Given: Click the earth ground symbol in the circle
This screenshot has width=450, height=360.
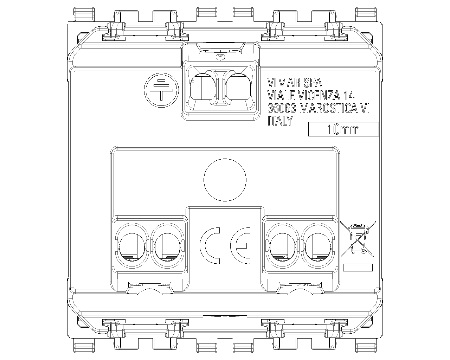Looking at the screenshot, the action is click(x=161, y=90).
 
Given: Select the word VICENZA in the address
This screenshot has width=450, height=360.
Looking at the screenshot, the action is click(x=319, y=95).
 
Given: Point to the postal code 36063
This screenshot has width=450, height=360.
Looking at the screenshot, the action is click(x=282, y=108).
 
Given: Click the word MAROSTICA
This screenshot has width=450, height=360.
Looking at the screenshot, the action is click(x=328, y=108).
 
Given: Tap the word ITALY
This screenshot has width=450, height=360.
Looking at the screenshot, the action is click(x=280, y=121).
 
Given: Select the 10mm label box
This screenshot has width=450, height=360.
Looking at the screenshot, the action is click(x=343, y=129).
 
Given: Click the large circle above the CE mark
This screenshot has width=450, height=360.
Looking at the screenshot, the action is click(x=225, y=180).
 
